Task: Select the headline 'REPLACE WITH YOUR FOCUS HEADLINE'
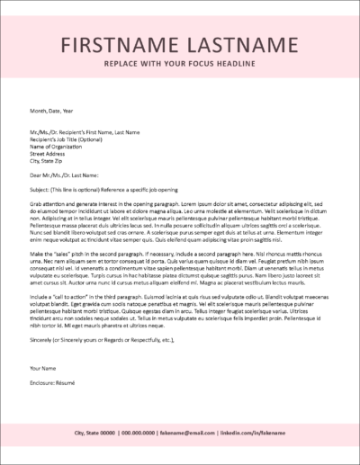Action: click(x=179, y=67)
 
